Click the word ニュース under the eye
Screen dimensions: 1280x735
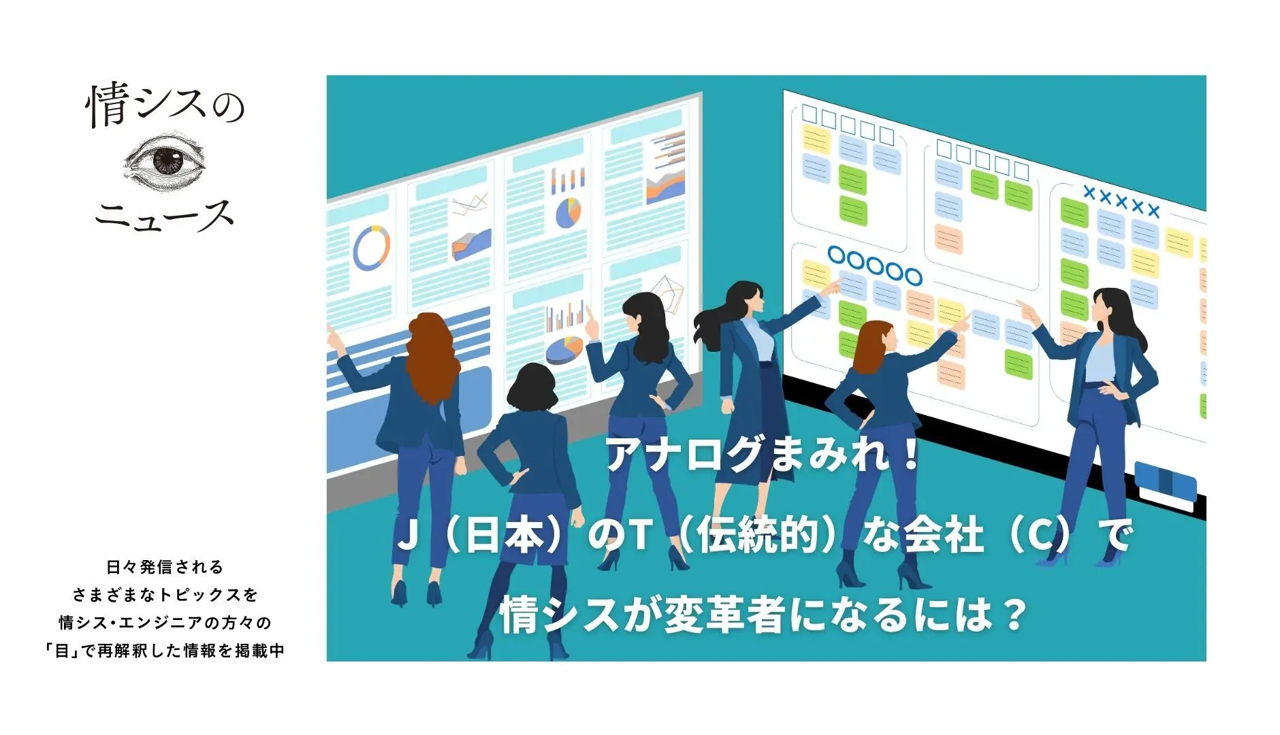coord(164,216)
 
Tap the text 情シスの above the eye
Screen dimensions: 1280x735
coord(165,105)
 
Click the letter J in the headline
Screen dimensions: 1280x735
coord(407,535)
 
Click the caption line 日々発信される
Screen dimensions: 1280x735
coord(165,567)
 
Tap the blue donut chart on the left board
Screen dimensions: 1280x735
coord(371,247)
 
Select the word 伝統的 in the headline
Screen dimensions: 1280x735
coord(757,535)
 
